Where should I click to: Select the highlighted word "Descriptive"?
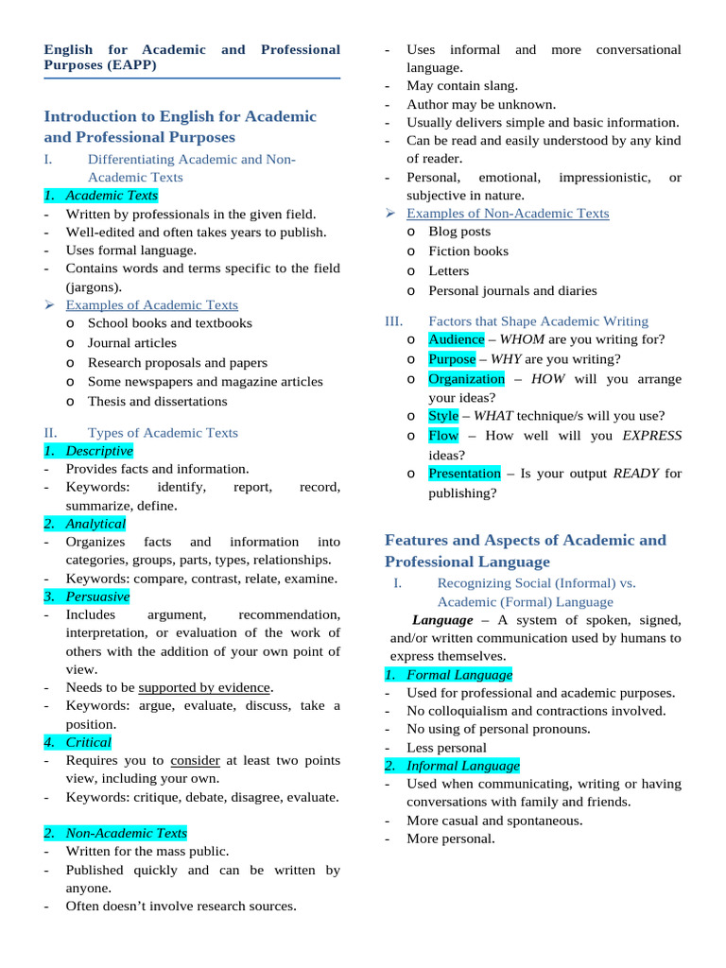click(99, 451)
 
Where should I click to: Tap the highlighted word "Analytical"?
click(95, 524)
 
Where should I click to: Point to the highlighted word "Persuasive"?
click(97, 596)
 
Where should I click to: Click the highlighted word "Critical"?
click(88, 742)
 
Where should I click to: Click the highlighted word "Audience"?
click(457, 339)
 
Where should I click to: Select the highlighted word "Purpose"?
click(452, 359)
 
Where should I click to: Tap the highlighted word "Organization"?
click(467, 379)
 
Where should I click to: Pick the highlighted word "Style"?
click(443, 416)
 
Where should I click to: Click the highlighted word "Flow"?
click(443, 436)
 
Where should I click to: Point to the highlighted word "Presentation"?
click(464, 474)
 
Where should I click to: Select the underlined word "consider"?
click(196, 760)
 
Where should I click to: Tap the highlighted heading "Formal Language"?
click(459, 675)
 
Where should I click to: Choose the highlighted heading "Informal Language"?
click(463, 766)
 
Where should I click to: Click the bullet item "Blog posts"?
click(459, 232)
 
